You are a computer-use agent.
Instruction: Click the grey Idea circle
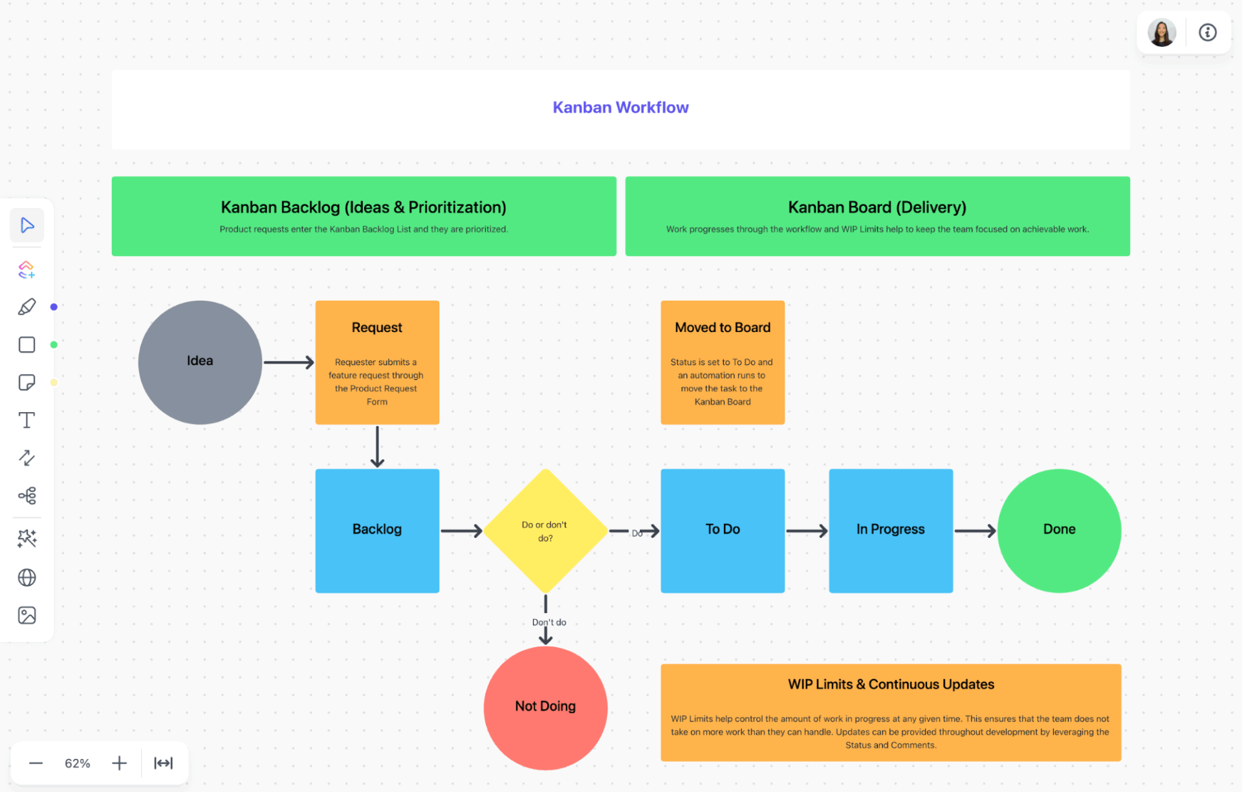[x=200, y=362]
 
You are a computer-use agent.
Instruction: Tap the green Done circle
[x=1059, y=530]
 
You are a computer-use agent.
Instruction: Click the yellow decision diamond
[x=545, y=531]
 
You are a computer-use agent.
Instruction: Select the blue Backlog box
[x=377, y=530]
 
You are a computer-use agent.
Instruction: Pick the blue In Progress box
[x=890, y=530]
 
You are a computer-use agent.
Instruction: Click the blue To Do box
[x=723, y=530]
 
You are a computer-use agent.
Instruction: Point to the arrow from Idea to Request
[x=289, y=362]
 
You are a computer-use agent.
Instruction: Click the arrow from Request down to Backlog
[x=377, y=446]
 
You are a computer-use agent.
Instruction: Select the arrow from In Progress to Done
[x=975, y=531]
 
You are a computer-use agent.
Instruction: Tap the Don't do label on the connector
[x=549, y=622]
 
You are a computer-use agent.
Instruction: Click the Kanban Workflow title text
[x=620, y=107]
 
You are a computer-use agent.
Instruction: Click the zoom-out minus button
[x=36, y=764]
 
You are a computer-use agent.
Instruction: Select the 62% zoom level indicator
[x=78, y=764]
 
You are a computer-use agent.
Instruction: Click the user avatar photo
[x=1161, y=32]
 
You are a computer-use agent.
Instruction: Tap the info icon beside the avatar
[x=1207, y=32]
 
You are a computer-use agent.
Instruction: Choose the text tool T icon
[x=27, y=420]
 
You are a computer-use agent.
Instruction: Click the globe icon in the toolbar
[x=27, y=577]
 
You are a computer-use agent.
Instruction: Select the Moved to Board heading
[x=723, y=327]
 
